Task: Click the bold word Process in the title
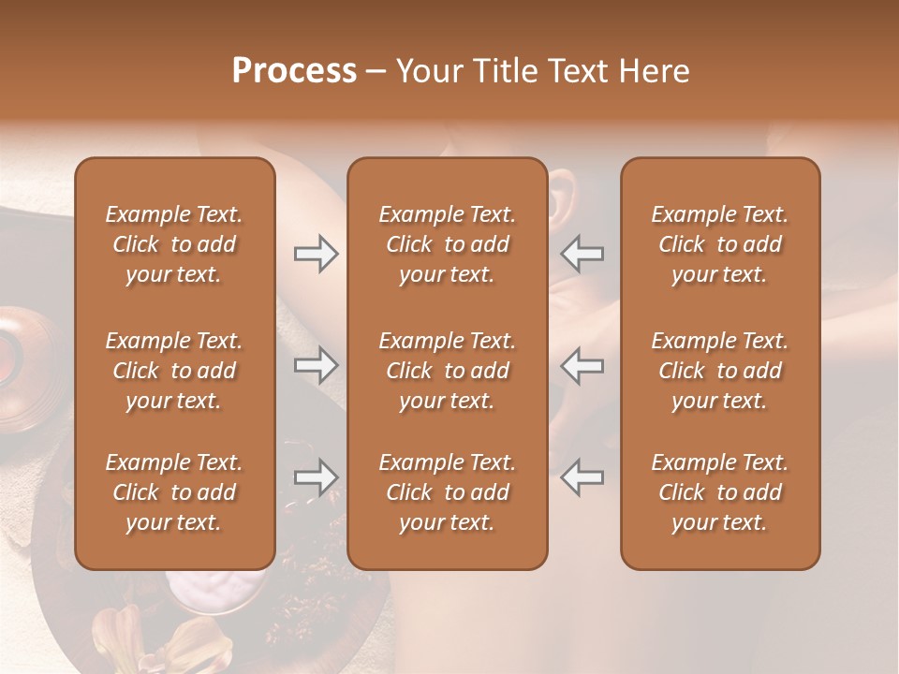[x=294, y=71]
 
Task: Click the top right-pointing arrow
[x=317, y=253]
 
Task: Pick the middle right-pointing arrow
[x=317, y=364]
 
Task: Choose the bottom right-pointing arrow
[x=317, y=477]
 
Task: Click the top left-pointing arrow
[x=582, y=253]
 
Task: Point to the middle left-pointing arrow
[x=582, y=364]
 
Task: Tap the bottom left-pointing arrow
[x=582, y=477]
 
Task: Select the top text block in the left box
[x=174, y=244]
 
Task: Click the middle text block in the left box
[x=174, y=371]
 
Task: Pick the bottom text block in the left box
[x=174, y=492]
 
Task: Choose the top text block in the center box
[x=447, y=244]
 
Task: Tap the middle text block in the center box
[x=447, y=371]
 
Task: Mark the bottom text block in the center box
[x=447, y=492]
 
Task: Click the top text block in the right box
[x=719, y=244]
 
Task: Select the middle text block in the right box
[x=719, y=371]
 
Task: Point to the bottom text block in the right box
[x=719, y=492]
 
